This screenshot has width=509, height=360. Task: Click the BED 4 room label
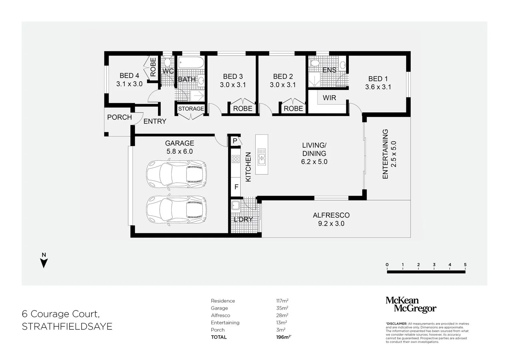[x=129, y=76]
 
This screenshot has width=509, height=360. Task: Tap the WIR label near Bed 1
[x=329, y=98]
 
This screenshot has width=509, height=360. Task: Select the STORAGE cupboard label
[x=191, y=109]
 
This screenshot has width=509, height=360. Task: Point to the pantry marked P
[x=235, y=141]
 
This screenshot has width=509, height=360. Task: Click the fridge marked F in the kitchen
[x=236, y=187]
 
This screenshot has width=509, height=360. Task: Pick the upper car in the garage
[x=176, y=174]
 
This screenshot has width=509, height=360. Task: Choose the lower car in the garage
[x=176, y=210]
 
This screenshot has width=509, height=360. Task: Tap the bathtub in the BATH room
[x=191, y=63]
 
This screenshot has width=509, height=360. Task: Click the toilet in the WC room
[x=167, y=62]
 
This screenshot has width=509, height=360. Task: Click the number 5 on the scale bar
[x=465, y=265]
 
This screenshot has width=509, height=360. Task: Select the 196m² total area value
[x=283, y=337]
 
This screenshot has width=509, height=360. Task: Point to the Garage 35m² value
[x=282, y=308]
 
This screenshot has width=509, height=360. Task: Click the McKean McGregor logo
[x=411, y=305]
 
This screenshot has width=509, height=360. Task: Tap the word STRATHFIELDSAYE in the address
[x=67, y=326]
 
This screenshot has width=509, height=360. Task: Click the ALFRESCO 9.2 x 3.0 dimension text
[x=331, y=224]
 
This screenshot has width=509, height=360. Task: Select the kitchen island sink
[x=262, y=157]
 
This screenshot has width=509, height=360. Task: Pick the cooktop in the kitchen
[x=236, y=159]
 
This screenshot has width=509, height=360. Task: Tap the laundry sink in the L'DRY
[x=235, y=206]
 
